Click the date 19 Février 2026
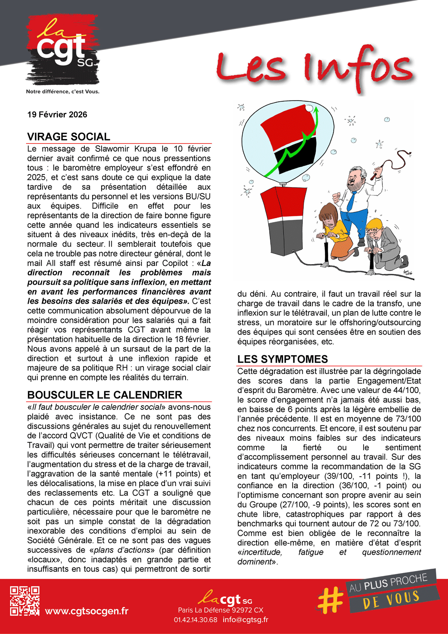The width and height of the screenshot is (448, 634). point(57,115)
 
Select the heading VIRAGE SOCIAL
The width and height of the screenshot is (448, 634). point(69,137)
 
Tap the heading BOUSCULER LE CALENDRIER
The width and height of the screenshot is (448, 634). point(105,395)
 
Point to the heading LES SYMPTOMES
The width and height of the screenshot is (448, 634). point(282,359)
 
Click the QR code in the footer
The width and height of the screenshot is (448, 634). point(25,601)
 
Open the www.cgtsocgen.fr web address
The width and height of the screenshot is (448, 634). point(87,611)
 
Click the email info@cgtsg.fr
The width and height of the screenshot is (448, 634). point(245,620)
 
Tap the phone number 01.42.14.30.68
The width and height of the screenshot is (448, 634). point(195,620)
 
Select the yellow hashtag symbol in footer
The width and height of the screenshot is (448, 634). point(331,600)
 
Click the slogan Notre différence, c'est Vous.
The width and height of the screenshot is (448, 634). point(63,92)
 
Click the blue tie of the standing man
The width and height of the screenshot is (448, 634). point(351,202)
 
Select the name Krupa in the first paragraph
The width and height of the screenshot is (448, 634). point(145,149)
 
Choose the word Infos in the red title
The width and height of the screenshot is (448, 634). point(358,69)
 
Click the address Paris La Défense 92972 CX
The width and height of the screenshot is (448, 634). point(221,610)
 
